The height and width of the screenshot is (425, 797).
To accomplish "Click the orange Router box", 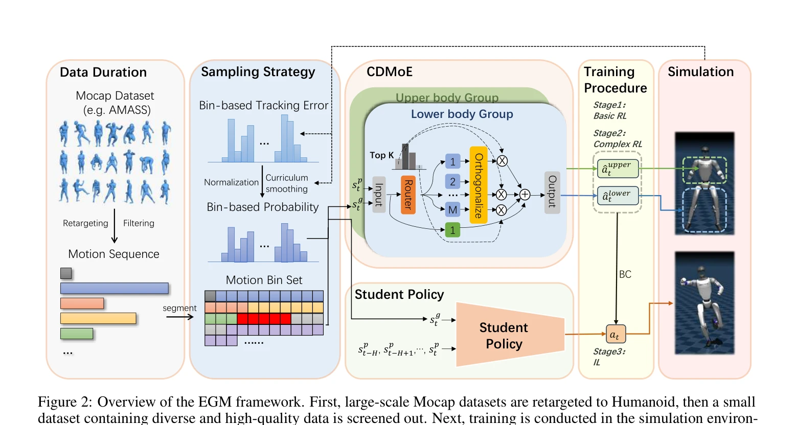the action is click(408, 195).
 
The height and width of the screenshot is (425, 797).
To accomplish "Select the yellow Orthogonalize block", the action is click(479, 185).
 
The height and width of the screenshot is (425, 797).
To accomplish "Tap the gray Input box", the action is click(379, 195).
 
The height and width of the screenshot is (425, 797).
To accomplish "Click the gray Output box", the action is click(552, 193).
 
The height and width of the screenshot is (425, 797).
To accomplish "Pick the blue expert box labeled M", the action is click(452, 210).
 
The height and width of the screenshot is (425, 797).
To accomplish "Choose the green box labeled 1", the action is click(452, 230).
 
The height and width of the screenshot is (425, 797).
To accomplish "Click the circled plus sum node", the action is click(525, 195).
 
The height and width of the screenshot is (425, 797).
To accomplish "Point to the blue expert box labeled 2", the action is click(452, 181).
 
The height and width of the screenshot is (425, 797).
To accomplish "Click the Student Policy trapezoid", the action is click(510, 334).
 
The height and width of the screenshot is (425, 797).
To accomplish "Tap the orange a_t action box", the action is click(616, 334).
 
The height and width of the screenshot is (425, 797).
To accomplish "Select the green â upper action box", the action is click(618, 169).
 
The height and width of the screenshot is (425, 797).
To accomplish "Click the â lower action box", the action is click(618, 196).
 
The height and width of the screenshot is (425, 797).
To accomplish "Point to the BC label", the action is click(625, 274).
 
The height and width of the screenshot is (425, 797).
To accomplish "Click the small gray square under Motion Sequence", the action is click(66, 273).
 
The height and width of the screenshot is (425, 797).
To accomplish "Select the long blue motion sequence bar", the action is click(115, 288).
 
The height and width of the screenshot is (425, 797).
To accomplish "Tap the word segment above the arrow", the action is click(179, 309).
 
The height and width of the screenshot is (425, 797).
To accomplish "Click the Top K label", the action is click(382, 155).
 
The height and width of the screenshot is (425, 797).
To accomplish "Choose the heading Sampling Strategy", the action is click(258, 72).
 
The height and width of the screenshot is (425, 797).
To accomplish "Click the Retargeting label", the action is click(85, 223).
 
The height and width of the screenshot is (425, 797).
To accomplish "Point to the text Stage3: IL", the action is click(609, 357).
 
